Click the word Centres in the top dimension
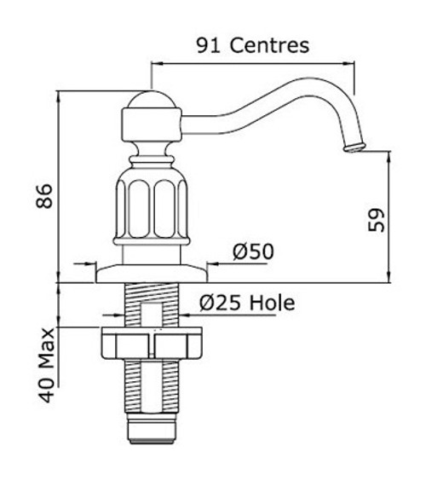[269, 45]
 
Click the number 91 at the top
[209, 45]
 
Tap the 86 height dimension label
[44, 196]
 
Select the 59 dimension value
[376, 220]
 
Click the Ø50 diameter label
[253, 252]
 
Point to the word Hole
[272, 303]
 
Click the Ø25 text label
[220, 303]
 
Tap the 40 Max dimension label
[47, 365]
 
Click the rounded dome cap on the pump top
[153, 100]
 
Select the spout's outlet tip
[354, 148]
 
